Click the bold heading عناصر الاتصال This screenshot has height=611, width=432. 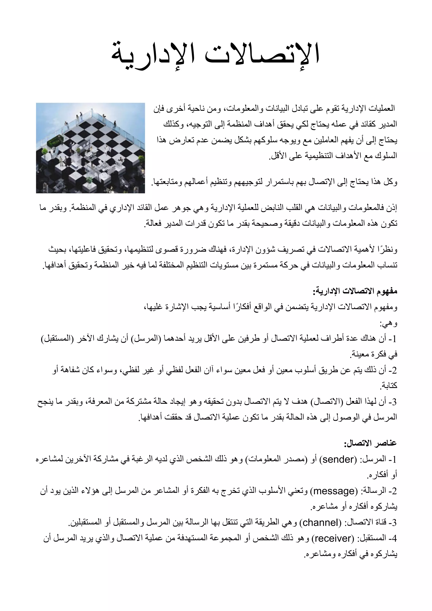[371, 443]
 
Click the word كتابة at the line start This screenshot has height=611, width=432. [390, 386]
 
